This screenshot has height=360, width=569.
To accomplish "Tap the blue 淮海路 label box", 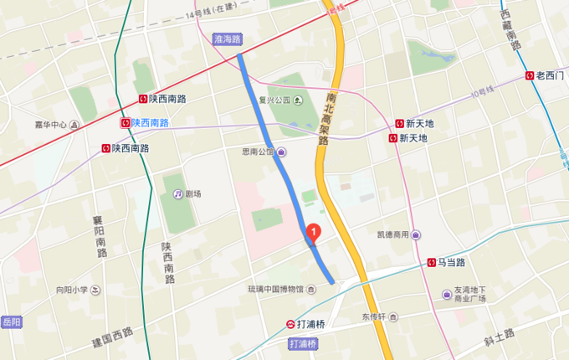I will pos(226,39).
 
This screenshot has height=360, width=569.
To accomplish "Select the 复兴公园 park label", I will pos(274,100).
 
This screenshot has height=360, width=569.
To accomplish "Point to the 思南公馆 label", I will pos(258,152).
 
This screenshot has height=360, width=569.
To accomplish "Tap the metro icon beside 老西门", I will pos(530,75).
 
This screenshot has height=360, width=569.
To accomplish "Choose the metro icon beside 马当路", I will pos(431,262).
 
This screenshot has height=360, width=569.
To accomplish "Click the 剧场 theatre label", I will pos(193,193).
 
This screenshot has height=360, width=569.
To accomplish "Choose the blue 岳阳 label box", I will pos(11,321).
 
